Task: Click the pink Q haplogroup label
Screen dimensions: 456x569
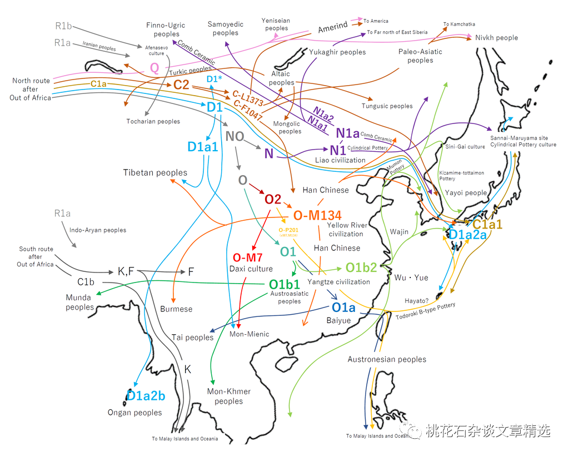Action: point(154,68)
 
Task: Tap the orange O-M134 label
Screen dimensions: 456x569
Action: point(317,215)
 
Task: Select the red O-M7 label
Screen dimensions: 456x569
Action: point(247,257)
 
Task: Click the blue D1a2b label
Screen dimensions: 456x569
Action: point(146,396)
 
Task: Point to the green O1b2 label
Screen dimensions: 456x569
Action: point(361,267)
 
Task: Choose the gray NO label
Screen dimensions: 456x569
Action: point(235,136)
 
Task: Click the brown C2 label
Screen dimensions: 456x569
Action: point(181,85)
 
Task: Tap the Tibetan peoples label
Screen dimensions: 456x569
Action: point(155,173)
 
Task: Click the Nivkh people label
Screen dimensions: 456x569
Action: point(496,38)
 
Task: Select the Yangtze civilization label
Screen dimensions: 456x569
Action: point(338,282)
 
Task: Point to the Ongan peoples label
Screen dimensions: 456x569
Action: point(134,413)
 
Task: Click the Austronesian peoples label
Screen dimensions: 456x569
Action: point(387,359)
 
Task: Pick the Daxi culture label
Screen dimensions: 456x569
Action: point(251,269)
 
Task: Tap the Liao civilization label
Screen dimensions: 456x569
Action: point(340,160)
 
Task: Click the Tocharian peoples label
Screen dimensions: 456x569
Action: point(153,121)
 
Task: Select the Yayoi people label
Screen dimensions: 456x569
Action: point(466,193)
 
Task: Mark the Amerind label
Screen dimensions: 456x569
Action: point(333,26)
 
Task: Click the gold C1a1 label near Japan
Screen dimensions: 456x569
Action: point(487,225)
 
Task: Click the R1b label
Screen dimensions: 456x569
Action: point(62,26)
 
